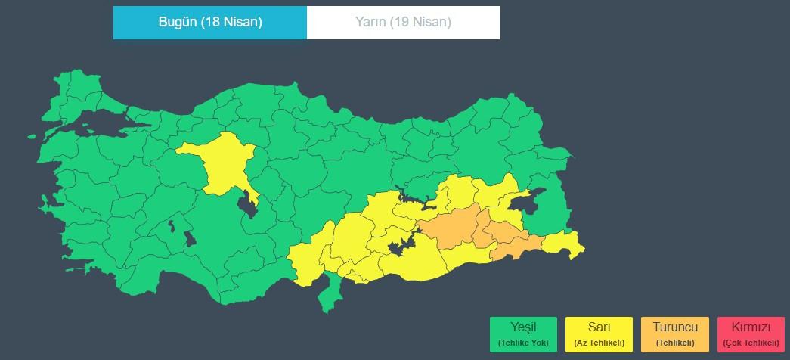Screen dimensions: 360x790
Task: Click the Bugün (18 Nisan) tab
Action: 209,22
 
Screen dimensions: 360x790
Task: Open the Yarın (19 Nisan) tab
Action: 403,22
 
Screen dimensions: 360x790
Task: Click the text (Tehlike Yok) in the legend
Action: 523,343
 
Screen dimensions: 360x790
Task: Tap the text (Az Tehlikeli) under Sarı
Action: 599,343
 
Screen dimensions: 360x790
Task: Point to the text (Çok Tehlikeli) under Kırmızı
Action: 751,343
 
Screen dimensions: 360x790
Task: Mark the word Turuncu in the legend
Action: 674,327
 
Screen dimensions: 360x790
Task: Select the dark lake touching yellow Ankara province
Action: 247,203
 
